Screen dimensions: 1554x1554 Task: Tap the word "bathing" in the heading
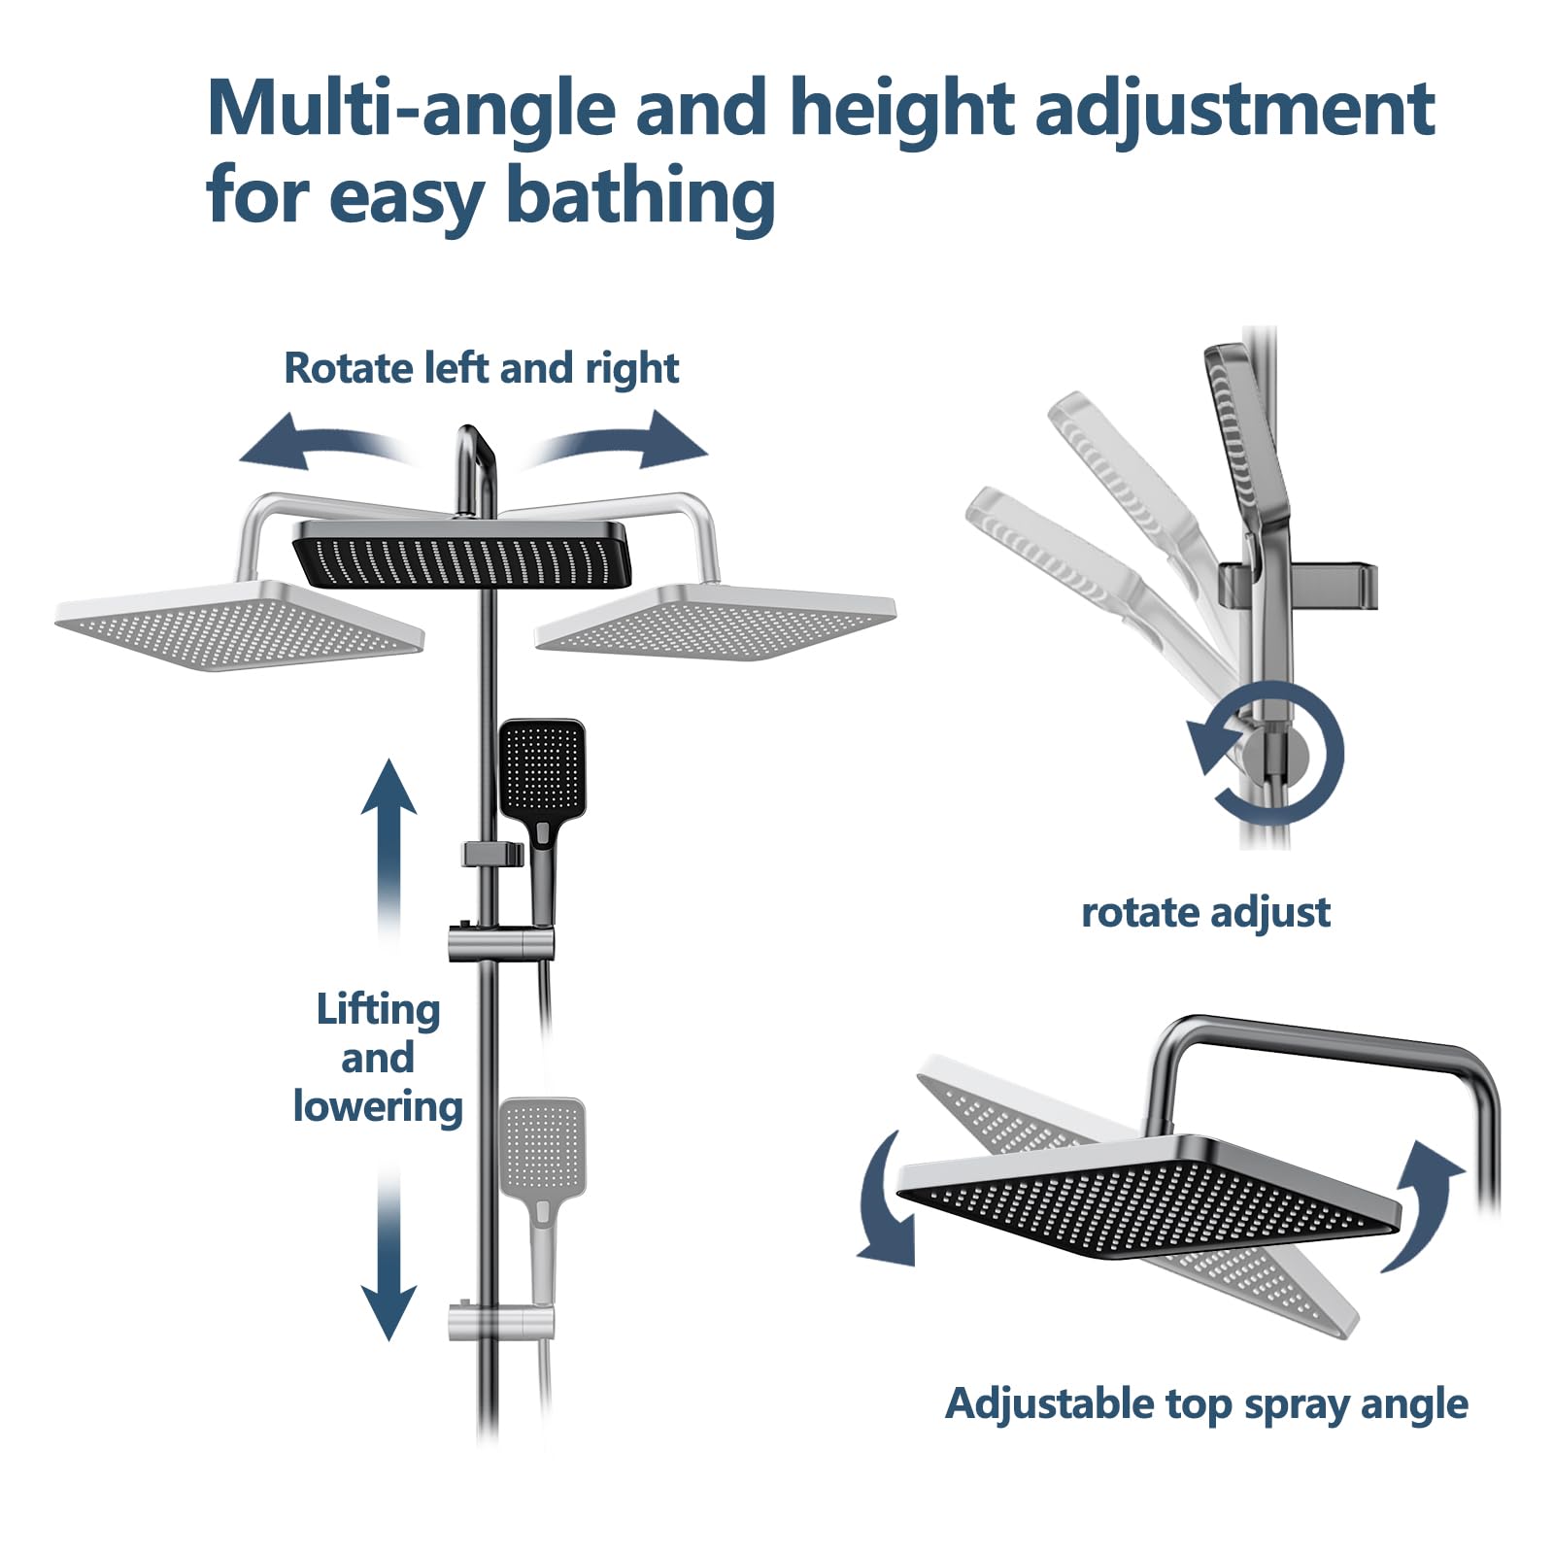pyautogui.click(x=641, y=196)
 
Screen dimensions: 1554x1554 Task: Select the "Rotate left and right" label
pyautogui.click(x=481, y=368)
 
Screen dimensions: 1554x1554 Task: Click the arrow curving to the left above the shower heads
pyautogui.click(x=325, y=443)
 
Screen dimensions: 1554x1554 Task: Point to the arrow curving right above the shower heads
pyautogui.click(x=622, y=443)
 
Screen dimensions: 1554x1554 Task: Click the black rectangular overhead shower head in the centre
pyautogui.click(x=463, y=554)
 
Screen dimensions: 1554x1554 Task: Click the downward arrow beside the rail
pyautogui.click(x=389, y=1253)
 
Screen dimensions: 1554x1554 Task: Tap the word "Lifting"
pyautogui.click(x=379, y=1011)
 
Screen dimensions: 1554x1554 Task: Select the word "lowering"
pyautogui.click(x=378, y=1106)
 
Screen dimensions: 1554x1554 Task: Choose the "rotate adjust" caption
pyautogui.click(x=1205, y=913)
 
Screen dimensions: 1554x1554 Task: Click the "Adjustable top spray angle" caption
pyautogui.click(x=1206, y=1404)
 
